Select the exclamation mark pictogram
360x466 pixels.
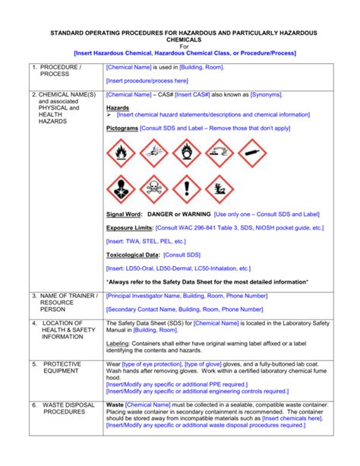tap(186, 189)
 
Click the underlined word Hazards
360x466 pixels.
tap(118, 108)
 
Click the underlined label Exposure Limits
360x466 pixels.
tap(129, 227)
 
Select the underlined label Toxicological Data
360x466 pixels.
tap(133, 255)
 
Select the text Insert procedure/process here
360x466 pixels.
tap(147, 80)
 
